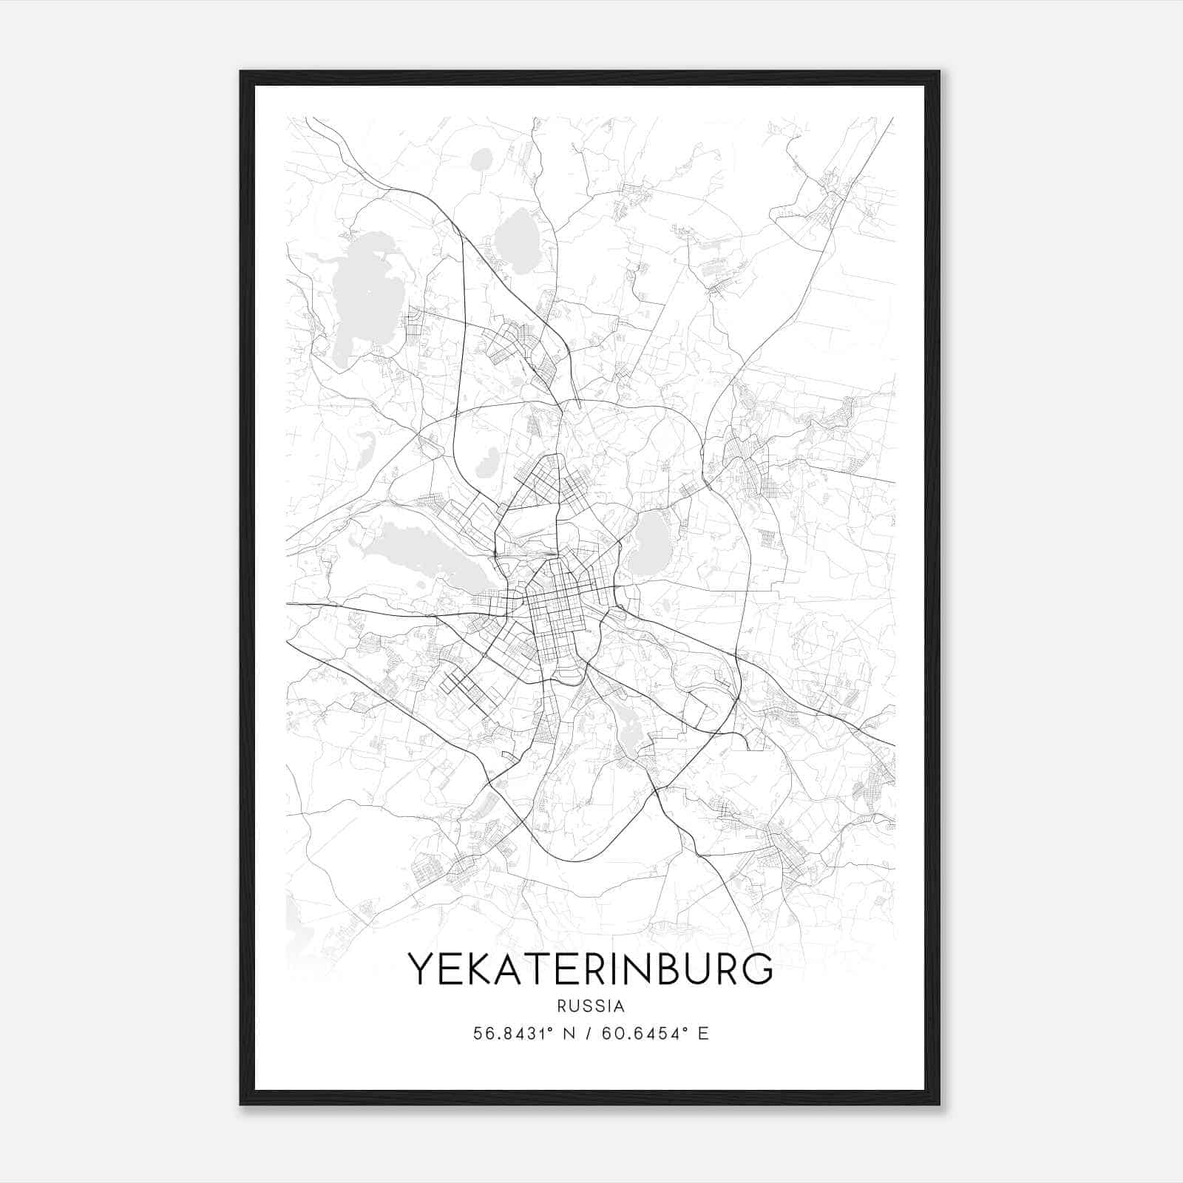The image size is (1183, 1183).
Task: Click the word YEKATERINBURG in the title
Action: click(591, 969)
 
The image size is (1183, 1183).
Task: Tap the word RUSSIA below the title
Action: click(591, 1006)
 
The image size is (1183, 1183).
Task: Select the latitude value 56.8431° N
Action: click(524, 1034)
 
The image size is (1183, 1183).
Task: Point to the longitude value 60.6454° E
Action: click(655, 1034)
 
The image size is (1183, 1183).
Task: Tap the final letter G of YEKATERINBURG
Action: click(758, 969)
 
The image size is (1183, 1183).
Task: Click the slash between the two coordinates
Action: click(589, 1034)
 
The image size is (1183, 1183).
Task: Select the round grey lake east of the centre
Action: click(649, 543)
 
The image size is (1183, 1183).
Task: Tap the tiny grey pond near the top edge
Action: click(482, 159)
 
